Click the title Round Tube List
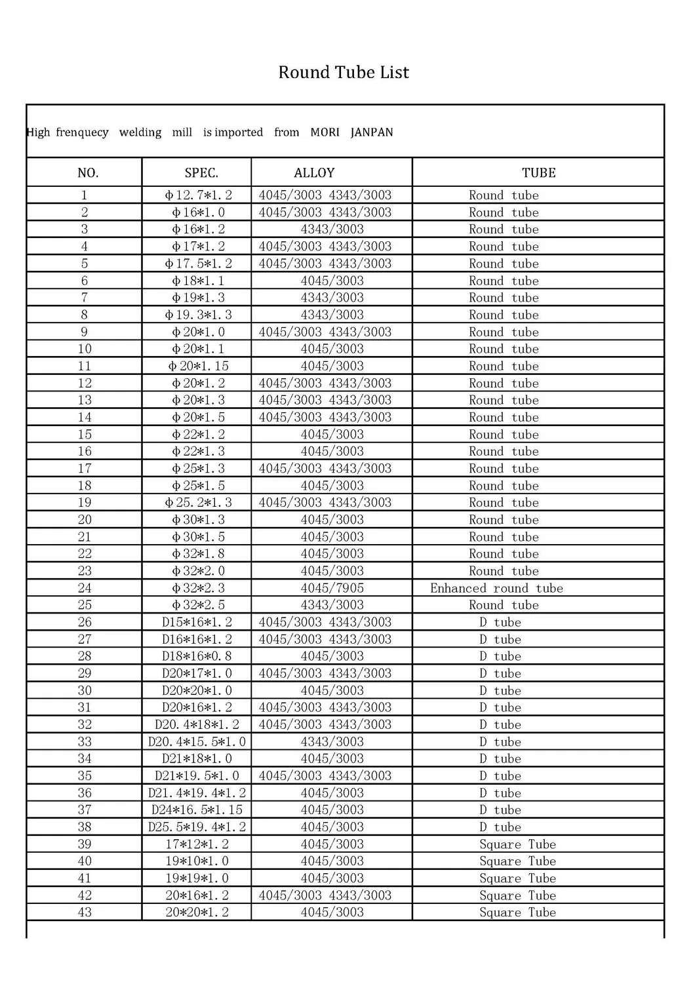(344, 72)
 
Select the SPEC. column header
(201, 173)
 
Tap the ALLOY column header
(314, 173)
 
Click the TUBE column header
(538, 173)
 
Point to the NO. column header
(88, 173)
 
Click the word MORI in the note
(325, 132)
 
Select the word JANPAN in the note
(372, 132)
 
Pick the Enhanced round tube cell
(496, 588)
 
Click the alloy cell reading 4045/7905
(332, 588)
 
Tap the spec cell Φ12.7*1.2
(198, 195)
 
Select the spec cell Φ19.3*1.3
(198, 315)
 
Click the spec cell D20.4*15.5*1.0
(197, 741)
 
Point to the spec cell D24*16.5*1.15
(197, 810)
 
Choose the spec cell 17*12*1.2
(197, 844)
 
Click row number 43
(85, 913)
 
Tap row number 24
(85, 588)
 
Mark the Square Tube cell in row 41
(517, 878)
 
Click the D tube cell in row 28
(500, 656)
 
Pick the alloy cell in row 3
(332, 229)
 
